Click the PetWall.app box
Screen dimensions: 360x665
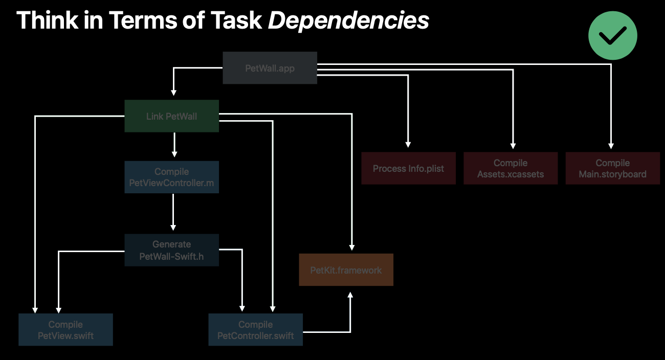(270, 68)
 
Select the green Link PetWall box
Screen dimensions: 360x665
(171, 116)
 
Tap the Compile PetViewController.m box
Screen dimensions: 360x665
(171, 177)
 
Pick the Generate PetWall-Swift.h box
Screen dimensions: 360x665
(171, 250)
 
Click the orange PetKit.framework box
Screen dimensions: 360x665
(346, 270)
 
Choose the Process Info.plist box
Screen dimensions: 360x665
(408, 168)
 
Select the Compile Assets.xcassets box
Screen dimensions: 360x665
(511, 168)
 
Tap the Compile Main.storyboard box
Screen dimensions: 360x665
(612, 168)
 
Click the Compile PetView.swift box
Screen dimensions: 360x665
(65, 330)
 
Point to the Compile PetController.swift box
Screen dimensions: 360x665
(255, 330)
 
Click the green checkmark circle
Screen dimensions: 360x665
(612, 36)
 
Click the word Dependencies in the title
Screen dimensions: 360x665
(348, 20)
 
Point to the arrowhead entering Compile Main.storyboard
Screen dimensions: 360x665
(611, 145)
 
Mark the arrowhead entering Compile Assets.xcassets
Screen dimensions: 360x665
(513, 145)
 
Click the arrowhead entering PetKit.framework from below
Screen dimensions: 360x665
(350, 295)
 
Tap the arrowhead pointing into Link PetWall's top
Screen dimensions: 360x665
(173, 93)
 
